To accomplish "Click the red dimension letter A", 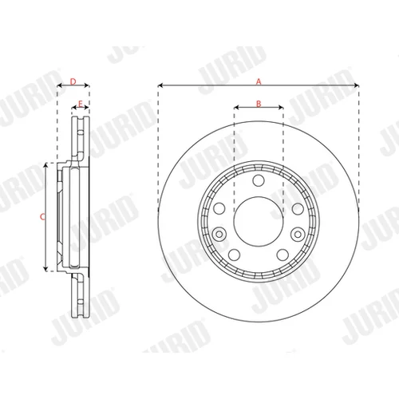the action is pos(259,81).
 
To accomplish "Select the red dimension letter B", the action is pos(259,104).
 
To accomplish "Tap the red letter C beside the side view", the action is pos(42,217).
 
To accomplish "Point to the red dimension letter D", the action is pos(73,81).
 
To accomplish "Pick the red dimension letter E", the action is pos(81,104).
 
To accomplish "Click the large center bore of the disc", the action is pos(259,221).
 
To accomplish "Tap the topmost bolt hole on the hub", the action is pos(259,180).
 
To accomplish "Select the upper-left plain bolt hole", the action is pos(219,208).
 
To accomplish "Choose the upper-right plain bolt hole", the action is pos(298,208).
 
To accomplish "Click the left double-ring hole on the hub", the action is pos(219,235).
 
